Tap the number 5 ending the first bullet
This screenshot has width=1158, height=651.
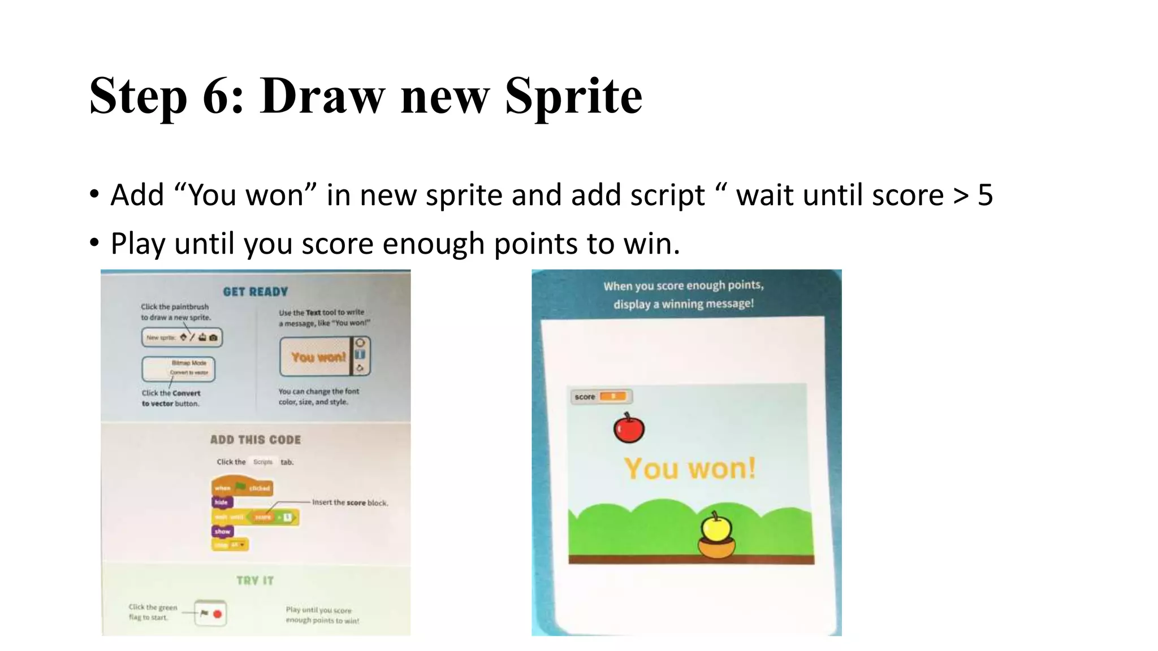[x=985, y=195]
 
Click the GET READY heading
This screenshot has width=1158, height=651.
[x=256, y=292]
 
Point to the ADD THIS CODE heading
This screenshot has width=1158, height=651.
[x=256, y=440]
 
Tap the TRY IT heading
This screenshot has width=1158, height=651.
[x=255, y=580]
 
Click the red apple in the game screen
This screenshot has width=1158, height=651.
[x=629, y=429]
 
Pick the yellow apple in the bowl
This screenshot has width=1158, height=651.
[x=716, y=527]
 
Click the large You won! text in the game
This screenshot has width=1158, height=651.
[x=690, y=468]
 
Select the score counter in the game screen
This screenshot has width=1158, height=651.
[x=600, y=397]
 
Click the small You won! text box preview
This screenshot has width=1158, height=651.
[x=318, y=357]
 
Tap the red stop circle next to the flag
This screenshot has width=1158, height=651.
[x=218, y=614]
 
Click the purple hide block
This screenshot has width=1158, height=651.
[x=222, y=502]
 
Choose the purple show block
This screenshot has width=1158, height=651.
[x=222, y=531]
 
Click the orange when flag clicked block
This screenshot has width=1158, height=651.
[x=242, y=488]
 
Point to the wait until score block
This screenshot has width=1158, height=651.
[x=254, y=517]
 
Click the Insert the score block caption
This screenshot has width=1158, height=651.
[x=350, y=502]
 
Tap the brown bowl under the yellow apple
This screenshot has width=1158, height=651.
[x=716, y=548]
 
